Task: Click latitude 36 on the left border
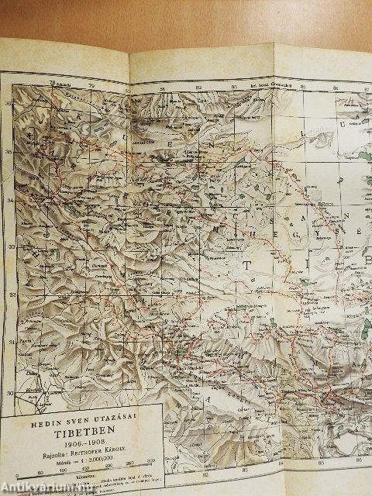(9, 103)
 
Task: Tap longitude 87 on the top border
(335, 88)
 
